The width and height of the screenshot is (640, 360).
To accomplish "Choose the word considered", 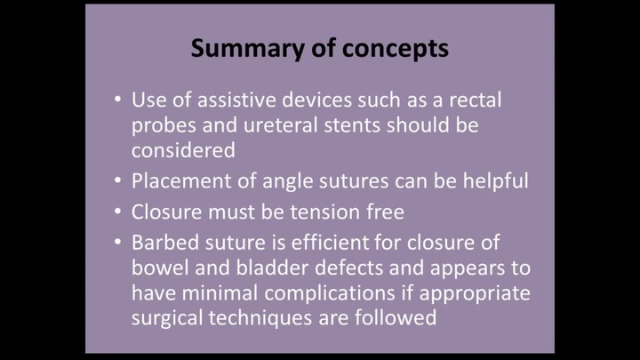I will pyautogui.click(x=183, y=150).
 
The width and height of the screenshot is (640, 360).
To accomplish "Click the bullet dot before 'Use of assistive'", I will pyautogui.click(x=118, y=99).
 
